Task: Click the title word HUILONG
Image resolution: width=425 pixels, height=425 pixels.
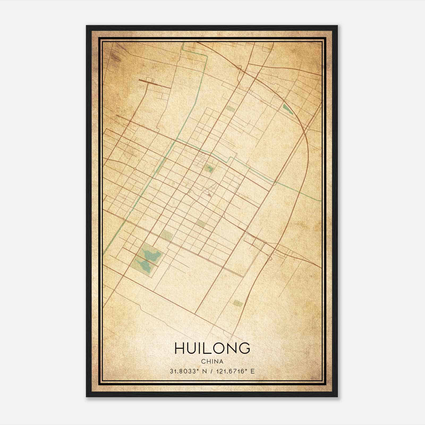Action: (212, 348)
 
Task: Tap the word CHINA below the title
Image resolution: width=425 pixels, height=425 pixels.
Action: (212, 362)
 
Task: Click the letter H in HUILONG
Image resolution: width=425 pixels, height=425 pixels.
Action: (179, 348)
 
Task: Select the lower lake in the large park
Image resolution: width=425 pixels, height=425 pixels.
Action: (144, 266)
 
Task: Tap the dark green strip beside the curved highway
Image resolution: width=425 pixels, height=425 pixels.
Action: (287, 109)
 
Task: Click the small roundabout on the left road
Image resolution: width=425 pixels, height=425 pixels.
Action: (135, 169)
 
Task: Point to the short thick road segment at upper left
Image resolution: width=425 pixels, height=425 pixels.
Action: (154, 83)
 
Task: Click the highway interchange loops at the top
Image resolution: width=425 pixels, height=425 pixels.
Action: (241, 70)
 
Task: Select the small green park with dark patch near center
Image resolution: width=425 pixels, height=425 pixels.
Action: (209, 168)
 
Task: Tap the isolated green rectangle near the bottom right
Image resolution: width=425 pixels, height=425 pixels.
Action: (238, 303)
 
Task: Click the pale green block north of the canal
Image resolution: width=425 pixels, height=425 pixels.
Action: (229, 109)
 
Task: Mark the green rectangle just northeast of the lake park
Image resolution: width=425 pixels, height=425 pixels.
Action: (167, 235)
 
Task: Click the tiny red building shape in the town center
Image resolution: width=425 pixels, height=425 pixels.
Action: (209, 195)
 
